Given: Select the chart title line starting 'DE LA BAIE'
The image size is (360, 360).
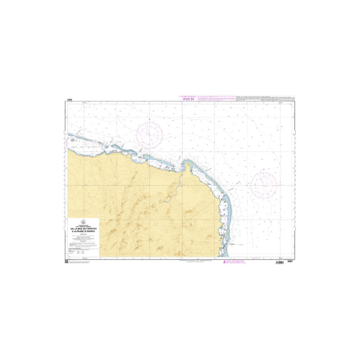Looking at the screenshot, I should (83, 228).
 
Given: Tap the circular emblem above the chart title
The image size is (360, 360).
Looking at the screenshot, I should (83, 221).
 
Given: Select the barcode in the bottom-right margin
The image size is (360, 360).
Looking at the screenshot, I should (282, 261).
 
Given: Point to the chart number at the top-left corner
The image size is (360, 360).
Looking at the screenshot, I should (68, 100).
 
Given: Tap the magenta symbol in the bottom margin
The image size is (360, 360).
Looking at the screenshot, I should (225, 261).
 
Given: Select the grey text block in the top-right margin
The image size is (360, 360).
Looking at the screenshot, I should (265, 98).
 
